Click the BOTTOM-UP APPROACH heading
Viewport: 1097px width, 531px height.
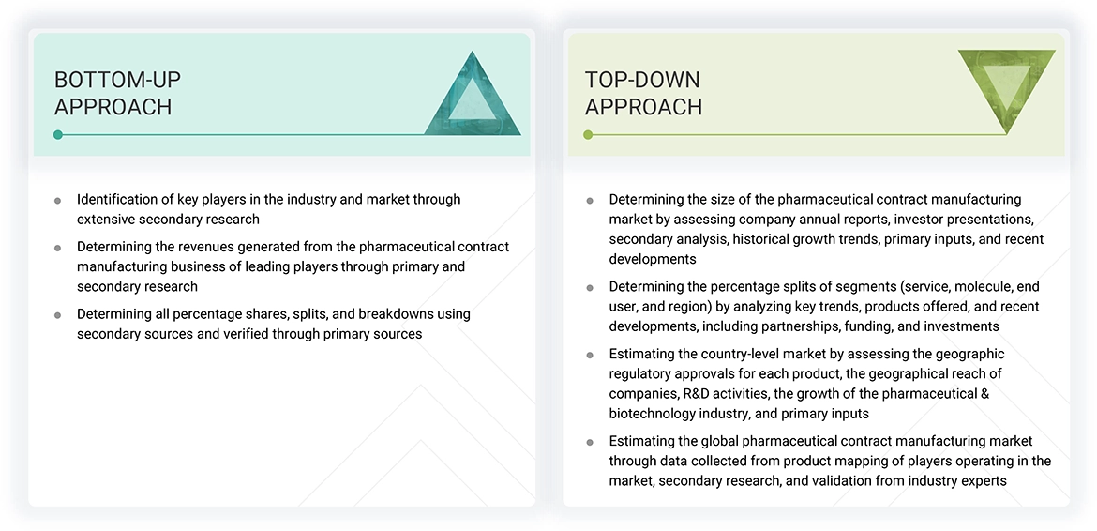(x=117, y=93)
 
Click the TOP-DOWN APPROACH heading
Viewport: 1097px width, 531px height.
(x=643, y=93)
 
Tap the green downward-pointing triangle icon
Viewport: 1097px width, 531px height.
(x=1006, y=88)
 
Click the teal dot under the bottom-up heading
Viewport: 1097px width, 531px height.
(x=58, y=134)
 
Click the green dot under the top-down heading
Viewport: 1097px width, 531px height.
(x=588, y=134)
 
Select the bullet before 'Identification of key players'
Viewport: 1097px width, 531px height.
(x=58, y=200)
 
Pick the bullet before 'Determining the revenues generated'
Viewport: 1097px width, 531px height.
(x=58, y=248)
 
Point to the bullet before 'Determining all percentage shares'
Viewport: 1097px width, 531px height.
(x=58, y=314)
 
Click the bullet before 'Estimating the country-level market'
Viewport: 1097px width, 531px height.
(x=590, y=355)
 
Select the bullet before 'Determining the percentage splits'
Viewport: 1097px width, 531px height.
(x=590, y=287)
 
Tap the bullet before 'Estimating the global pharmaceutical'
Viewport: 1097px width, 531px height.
(x=590, y=441)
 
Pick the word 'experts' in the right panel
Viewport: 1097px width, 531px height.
(x=982, y=480)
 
